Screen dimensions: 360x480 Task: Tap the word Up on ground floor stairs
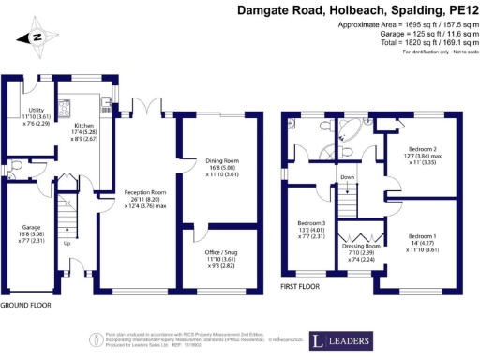click(x=67, y=242)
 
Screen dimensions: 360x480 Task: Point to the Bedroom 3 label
click(x=310, y=223)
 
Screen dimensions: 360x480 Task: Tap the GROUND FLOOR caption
click(x=25, y=306)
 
